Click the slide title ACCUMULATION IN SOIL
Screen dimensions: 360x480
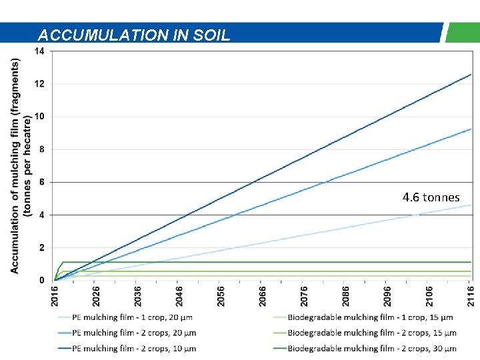(x=134, y=35)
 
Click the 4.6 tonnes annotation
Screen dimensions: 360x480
(x=431, y=197)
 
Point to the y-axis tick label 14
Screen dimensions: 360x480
(x=39, y=51)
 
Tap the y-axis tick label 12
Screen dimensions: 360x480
(x=39, y=84)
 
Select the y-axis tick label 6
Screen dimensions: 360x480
(x=41, y=182)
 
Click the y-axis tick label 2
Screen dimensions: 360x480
(x=41, y=247)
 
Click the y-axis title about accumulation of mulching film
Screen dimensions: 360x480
(x=20, y=165)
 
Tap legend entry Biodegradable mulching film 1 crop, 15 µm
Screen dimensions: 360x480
(x=370, y=317)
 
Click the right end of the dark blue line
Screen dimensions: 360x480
(x=471, y=74)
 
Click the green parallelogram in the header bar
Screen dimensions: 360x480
(x=461, y=32)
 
